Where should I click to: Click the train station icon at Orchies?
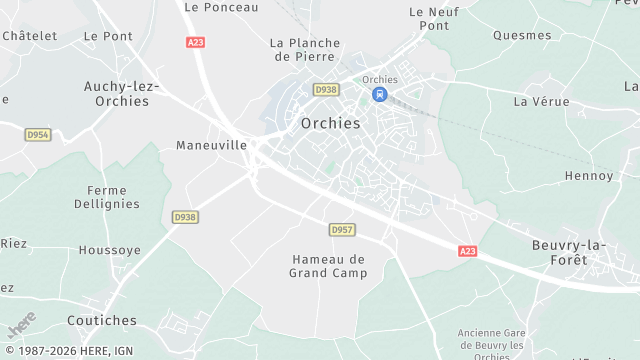coord(379,94)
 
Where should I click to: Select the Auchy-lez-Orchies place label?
coord(122,94)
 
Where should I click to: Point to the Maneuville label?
coord(211,145)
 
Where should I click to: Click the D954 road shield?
coord(38,134)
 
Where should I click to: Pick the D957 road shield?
coord(342,230)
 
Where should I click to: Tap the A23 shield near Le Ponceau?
coord(195,42)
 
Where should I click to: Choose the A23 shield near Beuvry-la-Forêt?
coord(467,251)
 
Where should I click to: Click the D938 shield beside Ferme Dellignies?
coord(184,216)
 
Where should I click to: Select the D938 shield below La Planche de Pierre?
coord(325,89)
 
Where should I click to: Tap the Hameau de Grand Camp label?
coord(328,265)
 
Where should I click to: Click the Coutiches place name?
coord(101,321)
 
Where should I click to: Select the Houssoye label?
coord(109,250)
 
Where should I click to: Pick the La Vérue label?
coord(541,102)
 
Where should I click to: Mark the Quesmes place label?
coord(522,35)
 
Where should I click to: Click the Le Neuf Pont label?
coord(429,18)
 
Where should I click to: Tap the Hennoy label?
coord(589,176)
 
